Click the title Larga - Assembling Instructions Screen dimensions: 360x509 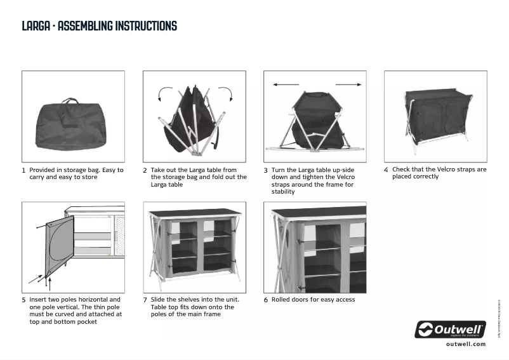coord(99,26)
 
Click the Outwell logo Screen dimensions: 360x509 coord(450,330)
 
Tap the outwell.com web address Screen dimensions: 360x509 coord(465,343)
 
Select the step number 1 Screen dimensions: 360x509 coord(23,171)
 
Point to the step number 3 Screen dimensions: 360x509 coord(265,171)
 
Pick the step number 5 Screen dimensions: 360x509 coord(23,300)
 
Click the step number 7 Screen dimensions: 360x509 coord(145,300)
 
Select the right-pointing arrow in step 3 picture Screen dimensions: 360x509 coord(348,84)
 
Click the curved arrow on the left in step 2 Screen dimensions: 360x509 coord(162,95)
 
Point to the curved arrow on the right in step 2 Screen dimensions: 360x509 coord(227,94)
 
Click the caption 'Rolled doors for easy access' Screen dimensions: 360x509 coord(313,300)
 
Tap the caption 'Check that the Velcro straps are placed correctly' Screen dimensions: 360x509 coord(439,173)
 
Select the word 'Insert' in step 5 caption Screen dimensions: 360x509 coord(38,299)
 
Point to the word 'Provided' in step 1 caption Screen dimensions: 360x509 coord(43,170)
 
